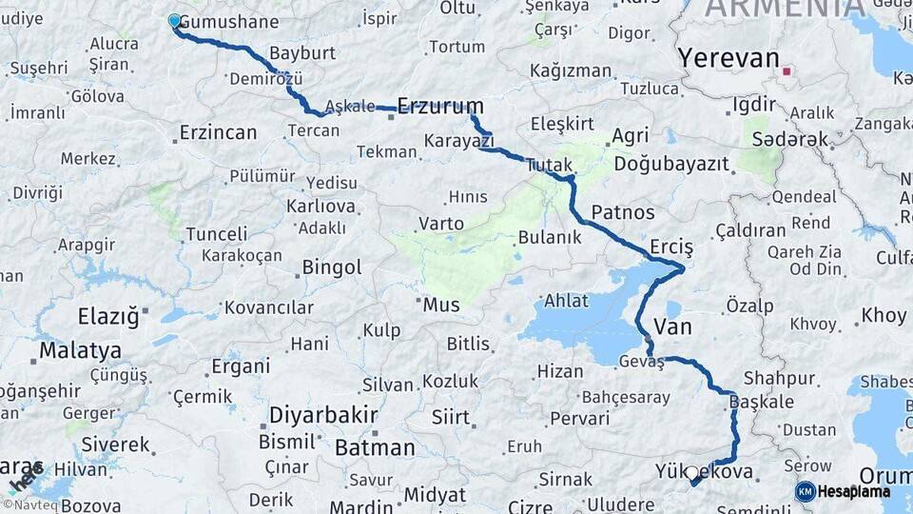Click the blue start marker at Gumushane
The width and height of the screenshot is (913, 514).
(x=174, y=21)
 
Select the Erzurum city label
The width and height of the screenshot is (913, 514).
(x=440, y=106)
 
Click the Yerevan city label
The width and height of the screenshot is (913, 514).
(x=728, y=58)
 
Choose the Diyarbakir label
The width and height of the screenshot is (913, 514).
(x=323, y=416)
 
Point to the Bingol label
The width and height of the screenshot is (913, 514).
(x=332, y=267)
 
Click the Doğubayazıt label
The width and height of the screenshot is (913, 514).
(x=671, y=164)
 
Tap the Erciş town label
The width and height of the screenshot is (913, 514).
(x=671, y=247)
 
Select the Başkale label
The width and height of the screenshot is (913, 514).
(x=762, y=402)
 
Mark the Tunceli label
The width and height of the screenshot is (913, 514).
(x=216, y=233)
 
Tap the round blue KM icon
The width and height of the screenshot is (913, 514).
(x=805, y=491)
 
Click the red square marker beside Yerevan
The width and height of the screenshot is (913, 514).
(x=787, y=70)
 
